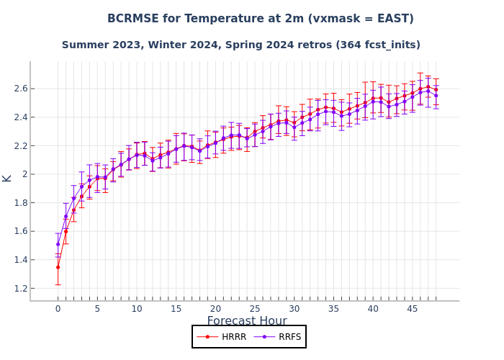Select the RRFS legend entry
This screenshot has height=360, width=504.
[x=279, y=337]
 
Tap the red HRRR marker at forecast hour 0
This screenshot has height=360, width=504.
[x=58, y=267]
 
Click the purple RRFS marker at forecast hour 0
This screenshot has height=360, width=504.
[x=58, y=244]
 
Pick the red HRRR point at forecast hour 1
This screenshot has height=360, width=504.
[x=66, y=231]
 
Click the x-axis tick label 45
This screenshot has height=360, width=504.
[x=413, y=309]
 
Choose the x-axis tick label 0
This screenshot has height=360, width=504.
[x=58, y=309]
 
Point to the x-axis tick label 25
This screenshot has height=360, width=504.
[x=255, y=309]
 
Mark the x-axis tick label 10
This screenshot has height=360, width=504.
[x=137, y=309]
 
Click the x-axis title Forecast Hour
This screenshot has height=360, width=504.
[x=247, y=322]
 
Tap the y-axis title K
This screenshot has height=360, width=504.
[x=7, y=178]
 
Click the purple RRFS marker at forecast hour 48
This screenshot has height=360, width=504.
[x=436, y=96]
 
